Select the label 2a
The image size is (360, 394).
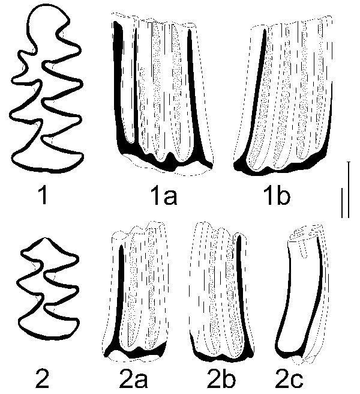[x=133, y=378]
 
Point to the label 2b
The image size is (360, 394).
[x=221, y=378]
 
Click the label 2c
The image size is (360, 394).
[x=289, y=378]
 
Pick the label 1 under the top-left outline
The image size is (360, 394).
[x=43, y=196]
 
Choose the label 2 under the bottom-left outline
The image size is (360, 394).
[x=42, y=378]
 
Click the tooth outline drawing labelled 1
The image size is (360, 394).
[x=46, y=89]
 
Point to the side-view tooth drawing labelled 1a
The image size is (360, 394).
[x=163, y=94]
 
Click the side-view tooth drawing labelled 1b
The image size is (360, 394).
[x=283, y=95]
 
